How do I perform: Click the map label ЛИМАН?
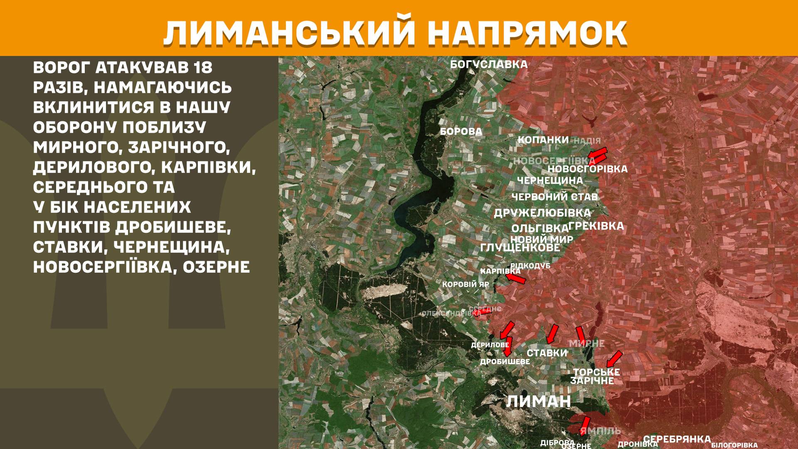[539, 402]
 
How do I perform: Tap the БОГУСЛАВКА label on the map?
[489, 64]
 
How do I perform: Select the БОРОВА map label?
[461, 132]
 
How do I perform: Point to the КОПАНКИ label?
[543, 140]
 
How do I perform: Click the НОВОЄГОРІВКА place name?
[587, 169]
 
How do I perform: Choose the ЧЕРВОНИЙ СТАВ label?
[554, 197]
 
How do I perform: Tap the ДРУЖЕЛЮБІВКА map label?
[542, 213]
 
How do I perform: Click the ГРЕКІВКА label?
[596, 226]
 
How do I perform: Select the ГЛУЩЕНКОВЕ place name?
[520, 248]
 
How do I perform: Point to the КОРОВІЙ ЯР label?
[465, 285]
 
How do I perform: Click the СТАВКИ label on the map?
[547, 353]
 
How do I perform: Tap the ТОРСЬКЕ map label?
[596, 372]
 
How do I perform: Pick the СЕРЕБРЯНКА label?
[677, 439]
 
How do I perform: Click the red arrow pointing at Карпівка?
[515, 278]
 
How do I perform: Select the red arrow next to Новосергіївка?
[598, 155]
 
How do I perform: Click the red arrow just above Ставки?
[552, 334]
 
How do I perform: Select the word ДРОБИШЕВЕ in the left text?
[172, 227]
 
